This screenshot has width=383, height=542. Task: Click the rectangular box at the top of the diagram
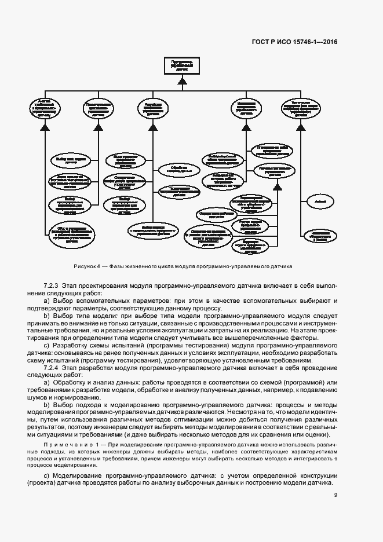pyautogui.click(x=182, y=65)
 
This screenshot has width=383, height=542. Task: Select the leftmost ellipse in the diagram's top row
pyautogui.click(x=45, y=108)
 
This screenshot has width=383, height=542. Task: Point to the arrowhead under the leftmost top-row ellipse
pyautogui.click(x=45, y=124)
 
